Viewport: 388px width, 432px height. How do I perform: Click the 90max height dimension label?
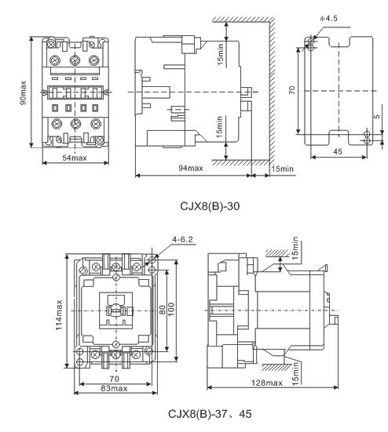(24, 93)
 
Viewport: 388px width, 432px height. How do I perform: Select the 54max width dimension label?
(75, 158)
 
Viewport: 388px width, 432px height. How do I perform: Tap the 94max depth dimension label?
(191, 168)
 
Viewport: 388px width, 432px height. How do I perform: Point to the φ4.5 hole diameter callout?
(328, 19)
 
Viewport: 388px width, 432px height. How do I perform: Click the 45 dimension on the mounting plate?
(338, 151)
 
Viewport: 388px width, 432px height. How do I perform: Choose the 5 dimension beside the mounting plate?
(377, 116)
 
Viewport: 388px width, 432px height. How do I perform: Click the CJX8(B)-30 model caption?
(210, 205)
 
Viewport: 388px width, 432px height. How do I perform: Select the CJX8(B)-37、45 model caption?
(210, 413)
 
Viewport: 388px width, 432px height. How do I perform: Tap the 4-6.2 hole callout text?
(182, 239)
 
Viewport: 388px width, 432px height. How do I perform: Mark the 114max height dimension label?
(59, 315)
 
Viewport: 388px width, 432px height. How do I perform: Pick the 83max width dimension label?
(114, 388)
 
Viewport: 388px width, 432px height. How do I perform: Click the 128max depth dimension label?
(267, 383)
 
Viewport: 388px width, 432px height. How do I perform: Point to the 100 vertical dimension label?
(171, 310)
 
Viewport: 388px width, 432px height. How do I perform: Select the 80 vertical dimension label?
(163, 310)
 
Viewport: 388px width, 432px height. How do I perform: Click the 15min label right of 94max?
(282, 169)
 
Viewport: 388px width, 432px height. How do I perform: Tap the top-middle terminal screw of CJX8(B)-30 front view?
(75, 60)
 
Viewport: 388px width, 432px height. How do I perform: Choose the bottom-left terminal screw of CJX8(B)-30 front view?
(57, 123)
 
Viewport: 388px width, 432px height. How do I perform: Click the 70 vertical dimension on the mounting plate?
(291, 90)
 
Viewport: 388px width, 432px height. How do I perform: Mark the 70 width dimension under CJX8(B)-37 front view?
(114, 379)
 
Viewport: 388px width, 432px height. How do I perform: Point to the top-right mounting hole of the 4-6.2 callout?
(152, 260)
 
